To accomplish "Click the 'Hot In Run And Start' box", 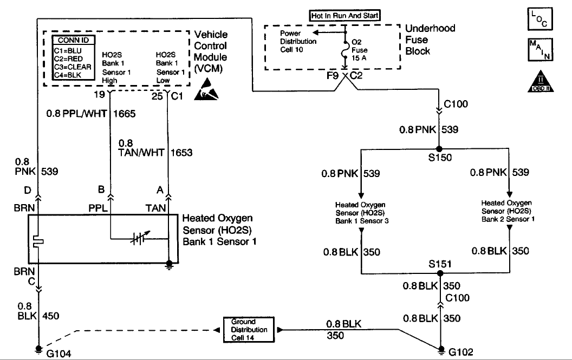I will pos(344,16).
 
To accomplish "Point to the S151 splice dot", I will pos(439,273).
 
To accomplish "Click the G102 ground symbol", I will pos(441,349).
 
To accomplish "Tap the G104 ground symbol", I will pos(38,349).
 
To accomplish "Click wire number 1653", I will pos(181,153).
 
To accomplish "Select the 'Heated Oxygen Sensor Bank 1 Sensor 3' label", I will pos(360,213).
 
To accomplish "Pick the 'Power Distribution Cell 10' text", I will pos(298,41).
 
